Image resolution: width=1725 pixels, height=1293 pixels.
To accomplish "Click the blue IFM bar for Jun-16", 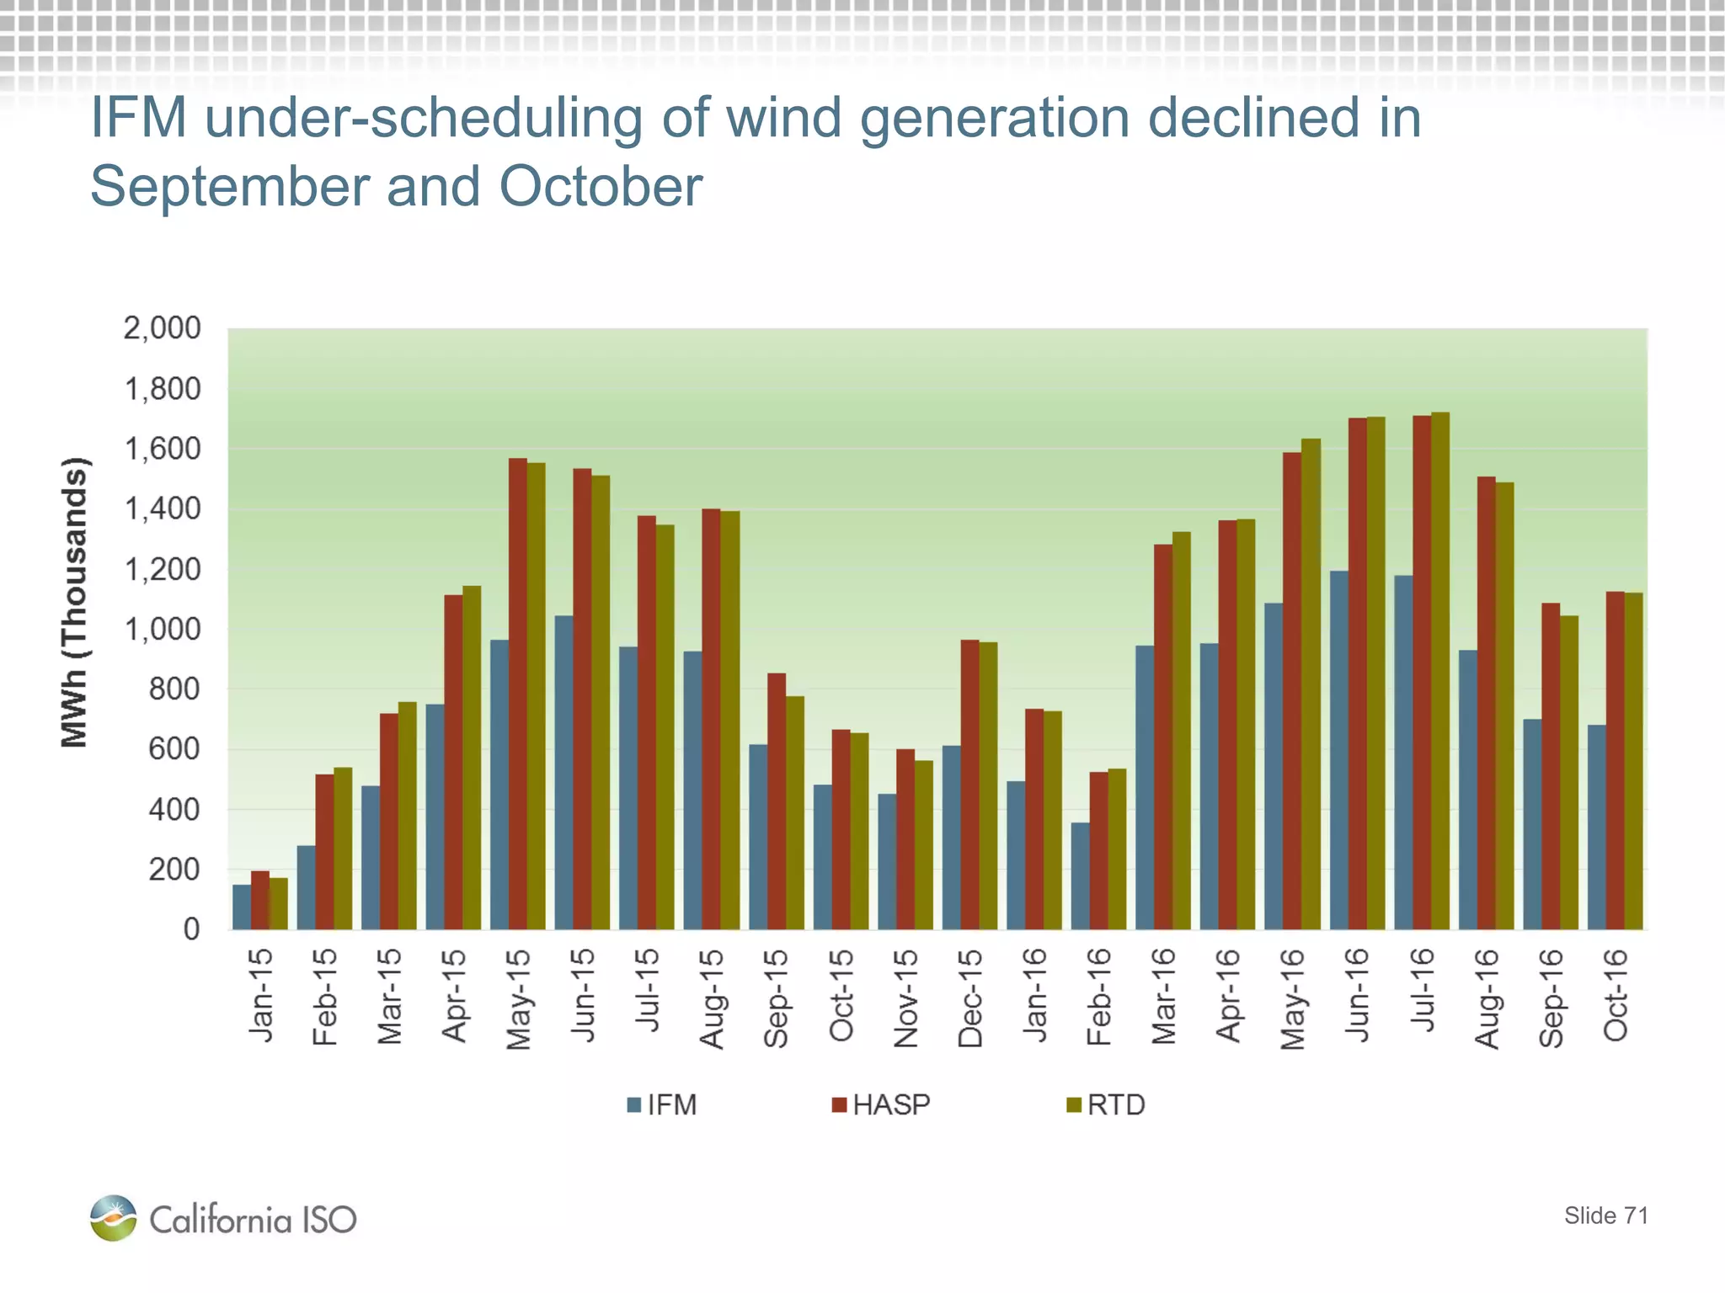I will click(x=1338, y=749).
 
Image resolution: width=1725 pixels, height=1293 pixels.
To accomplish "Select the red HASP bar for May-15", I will click(x=518, y=694).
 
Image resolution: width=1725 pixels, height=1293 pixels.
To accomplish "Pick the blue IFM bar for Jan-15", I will click(x=242, y=907).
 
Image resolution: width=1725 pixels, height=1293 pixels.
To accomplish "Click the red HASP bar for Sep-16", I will click(x=1551, y=766).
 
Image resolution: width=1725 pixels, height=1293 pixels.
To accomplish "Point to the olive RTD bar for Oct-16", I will click(x=1633, y=761).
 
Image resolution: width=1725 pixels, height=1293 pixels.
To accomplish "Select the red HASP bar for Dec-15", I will click(x=970, y=785).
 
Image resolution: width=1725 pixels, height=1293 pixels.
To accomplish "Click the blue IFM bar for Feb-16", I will click(x=1080, y=875).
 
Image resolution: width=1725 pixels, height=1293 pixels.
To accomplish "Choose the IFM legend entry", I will click(x=662, y=1104).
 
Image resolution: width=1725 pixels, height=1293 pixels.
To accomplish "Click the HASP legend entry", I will click(x=881, y=1104).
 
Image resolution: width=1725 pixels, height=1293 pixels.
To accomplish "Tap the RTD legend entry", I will click(x=1106, y=1104).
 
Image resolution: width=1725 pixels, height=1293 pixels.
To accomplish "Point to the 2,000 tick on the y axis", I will click(x=163, y=328).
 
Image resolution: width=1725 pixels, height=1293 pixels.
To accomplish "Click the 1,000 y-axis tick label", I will click(x=163, y=629).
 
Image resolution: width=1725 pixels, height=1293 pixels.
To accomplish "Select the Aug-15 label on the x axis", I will click(x=712, y=999).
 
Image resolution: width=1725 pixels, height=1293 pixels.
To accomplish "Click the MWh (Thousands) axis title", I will click(x=75, y=602).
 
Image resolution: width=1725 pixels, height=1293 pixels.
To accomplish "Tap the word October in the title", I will click(x=601, y=186).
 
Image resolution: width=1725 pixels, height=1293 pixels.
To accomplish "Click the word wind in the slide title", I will click(x=783, y=117).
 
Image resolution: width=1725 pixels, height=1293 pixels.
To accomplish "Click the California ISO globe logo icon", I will click(x=113, y=1218).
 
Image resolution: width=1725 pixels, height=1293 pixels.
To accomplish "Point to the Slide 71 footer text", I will click(x=1605, y=1216).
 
